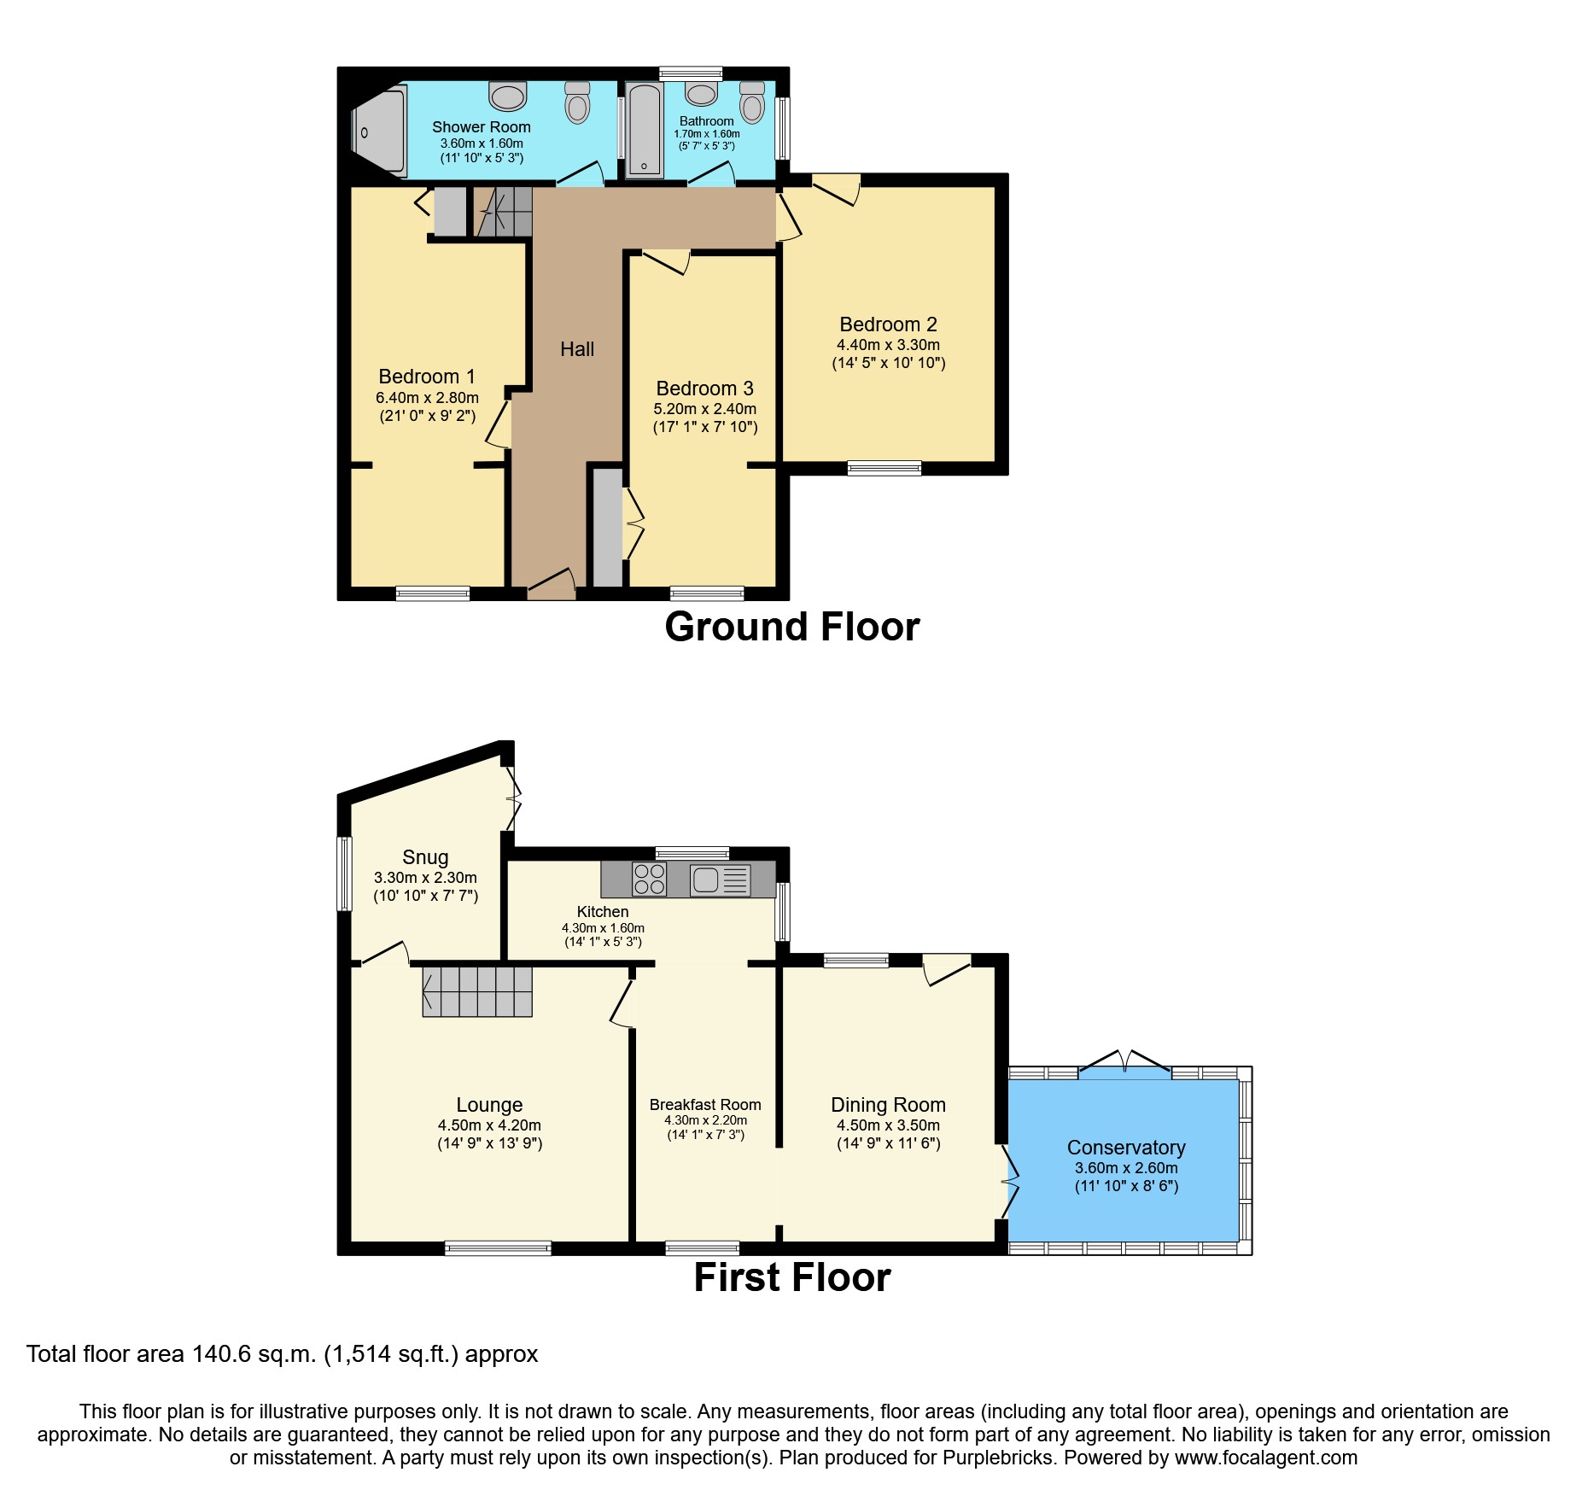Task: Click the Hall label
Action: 577,348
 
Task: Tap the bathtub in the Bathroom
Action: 644,130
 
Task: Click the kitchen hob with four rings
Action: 649,879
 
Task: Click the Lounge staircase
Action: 476,991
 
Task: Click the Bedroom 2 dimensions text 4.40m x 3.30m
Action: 888,345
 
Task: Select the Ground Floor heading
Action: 791,627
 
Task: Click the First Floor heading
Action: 791,1277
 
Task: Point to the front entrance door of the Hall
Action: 551,586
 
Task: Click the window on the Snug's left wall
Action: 344,873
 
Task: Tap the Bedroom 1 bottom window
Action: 432,593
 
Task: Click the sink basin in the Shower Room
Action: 508,96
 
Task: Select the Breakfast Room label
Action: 704,1104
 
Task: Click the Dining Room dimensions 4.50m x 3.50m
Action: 888,1125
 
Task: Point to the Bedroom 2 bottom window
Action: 884,468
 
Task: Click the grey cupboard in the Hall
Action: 607,527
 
